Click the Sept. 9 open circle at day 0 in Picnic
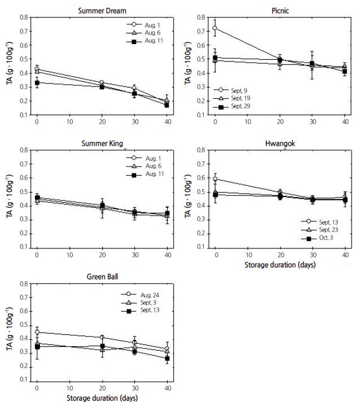(215, 27)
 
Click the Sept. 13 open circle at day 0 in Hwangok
(215, 179)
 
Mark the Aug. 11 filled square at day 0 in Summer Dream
(37, 82)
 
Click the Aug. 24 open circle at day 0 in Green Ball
(37, 332)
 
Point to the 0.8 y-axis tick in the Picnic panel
(201, 18)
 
